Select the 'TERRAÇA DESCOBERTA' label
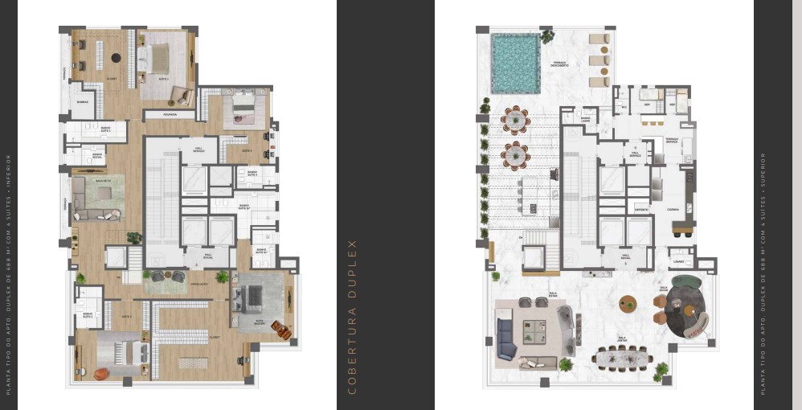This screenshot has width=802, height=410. [x=559, y=64]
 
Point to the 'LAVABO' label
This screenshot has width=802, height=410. [x=679, y=261]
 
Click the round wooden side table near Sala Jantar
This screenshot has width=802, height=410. [x=628, y=304]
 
